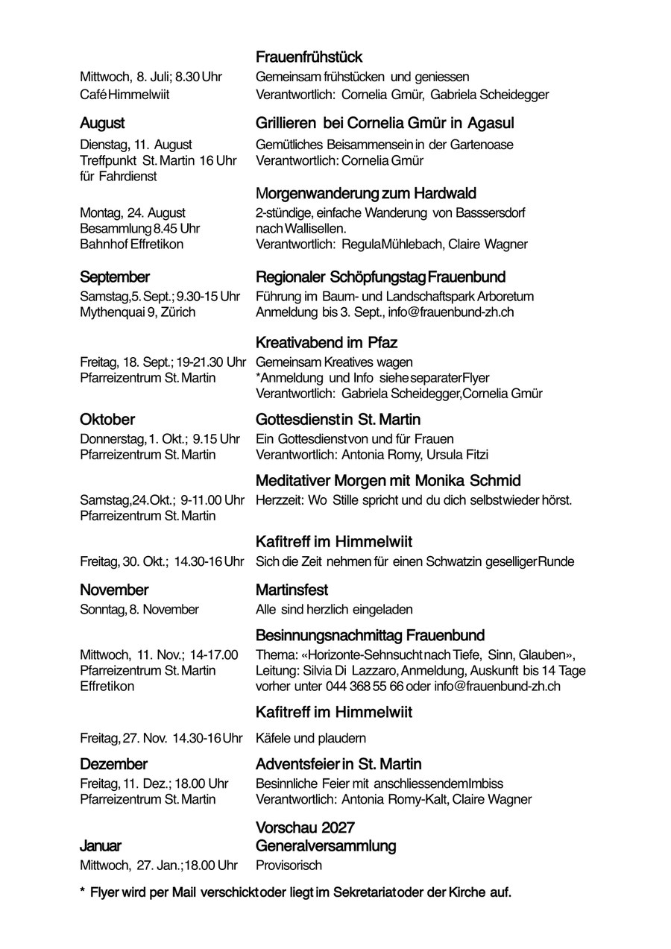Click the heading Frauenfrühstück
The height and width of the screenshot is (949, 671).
coord(309,57)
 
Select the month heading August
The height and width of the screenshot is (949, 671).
coord(102,123)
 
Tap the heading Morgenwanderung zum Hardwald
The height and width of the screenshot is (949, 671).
coord(365,194)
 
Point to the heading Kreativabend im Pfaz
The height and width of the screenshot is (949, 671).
coord(326,343)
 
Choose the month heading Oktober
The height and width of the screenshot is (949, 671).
coord(107,419)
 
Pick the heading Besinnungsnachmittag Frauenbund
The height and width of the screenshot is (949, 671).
coord(370,636)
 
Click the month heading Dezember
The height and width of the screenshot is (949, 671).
coord(113,764)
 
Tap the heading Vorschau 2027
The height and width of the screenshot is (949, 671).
coord(305,827)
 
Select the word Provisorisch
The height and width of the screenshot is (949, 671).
coord(289,866)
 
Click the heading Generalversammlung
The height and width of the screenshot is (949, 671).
coord(326,846)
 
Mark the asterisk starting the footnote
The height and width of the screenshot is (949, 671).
coord(82,892)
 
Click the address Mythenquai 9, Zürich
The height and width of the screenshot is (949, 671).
coord(137,312)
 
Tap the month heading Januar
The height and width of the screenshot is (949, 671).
coord(101,846)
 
